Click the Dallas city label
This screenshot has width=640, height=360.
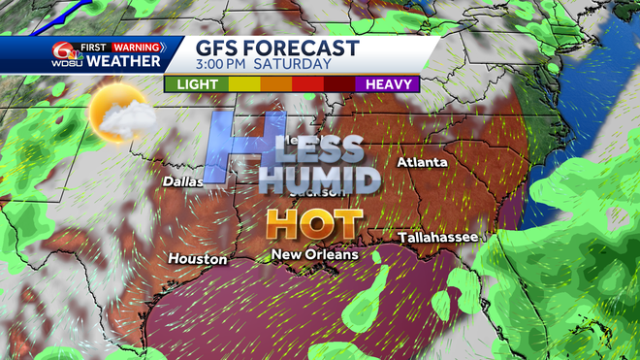click(183, 180)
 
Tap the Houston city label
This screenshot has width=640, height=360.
click(197, 259)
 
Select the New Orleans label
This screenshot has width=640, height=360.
click(314, 254)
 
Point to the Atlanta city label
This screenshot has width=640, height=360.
click(422, 162)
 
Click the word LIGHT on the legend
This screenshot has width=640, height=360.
click(194, 83)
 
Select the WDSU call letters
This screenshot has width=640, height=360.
click(64, 62)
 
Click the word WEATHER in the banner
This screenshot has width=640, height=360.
click(124, 62)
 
